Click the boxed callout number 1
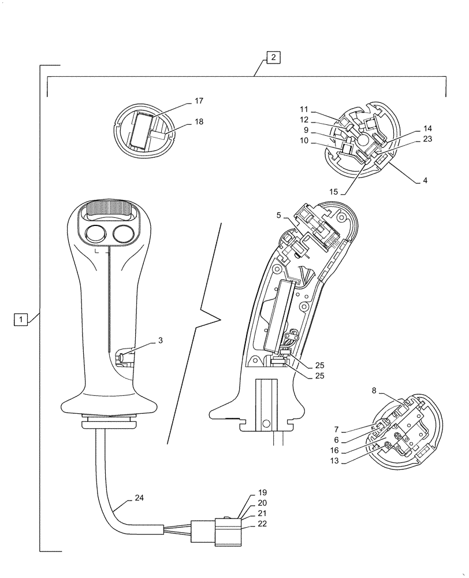(20, 318)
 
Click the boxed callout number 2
(273, 57)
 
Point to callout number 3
(160, 341)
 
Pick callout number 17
(199, 101)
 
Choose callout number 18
(199, 122)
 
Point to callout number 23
(427, 139)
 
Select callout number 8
(374, 391)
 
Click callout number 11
(304, 109)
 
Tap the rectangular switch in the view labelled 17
(142, 130)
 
